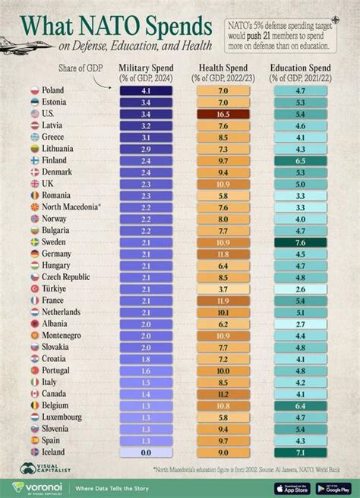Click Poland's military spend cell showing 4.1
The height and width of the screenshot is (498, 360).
(147, 90)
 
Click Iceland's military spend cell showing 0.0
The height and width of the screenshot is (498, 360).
(147, 452)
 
